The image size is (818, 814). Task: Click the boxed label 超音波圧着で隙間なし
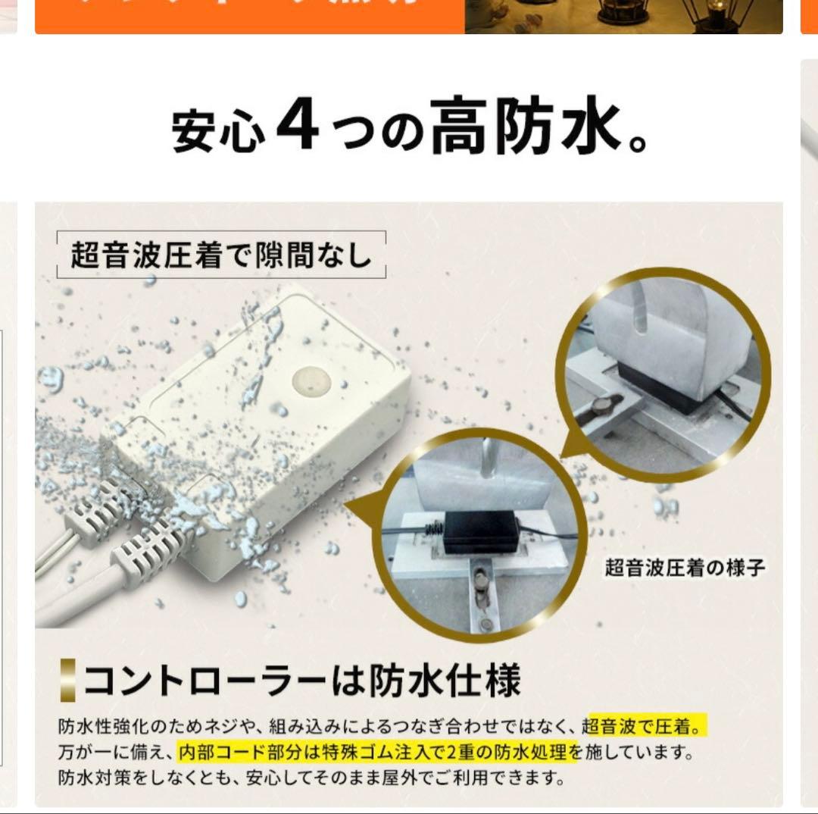pos(221,255)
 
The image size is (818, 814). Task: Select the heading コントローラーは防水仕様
pos(301,680)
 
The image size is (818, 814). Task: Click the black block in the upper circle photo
pos(658,387)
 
